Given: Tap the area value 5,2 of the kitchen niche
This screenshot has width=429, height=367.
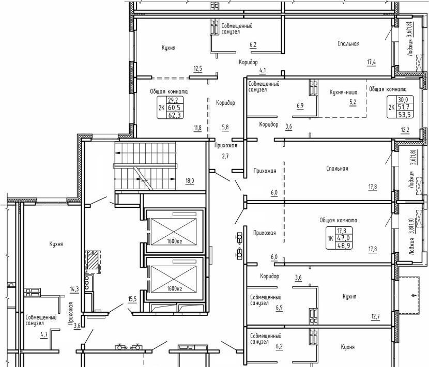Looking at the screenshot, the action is click(x=353, y=102).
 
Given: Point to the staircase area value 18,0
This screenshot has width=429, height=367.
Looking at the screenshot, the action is click(x=190, y=181).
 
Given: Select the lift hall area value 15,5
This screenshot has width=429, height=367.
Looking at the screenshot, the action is click(x=132, y=299).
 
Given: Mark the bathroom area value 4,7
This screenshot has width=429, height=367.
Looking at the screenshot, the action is click(x=44, y=334).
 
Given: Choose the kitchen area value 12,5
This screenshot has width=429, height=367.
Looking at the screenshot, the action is click(x=198, y=68).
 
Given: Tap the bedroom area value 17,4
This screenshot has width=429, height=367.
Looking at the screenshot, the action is click(x=371, y=62).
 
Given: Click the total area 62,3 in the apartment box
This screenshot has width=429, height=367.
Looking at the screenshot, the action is click(x=175, y=115).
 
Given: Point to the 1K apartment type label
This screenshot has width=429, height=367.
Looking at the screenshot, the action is click(x=330, y=238).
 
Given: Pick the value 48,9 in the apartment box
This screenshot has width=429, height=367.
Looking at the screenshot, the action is click(x=344, y=245).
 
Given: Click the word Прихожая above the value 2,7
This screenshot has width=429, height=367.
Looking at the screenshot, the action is click(x=226, y=145).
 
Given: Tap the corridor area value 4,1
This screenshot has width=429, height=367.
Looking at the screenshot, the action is click(x=263, y=70).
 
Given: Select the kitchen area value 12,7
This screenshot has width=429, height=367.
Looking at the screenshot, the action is click(x=375, y=317).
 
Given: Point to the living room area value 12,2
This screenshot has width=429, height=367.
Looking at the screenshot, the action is click(x=405, y=130).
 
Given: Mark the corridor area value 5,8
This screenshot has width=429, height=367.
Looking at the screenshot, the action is click(x=225, y=127).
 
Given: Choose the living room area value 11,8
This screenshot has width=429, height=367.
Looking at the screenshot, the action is click(x=197, y=127).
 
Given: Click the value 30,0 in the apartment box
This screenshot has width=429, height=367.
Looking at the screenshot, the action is click(x=403, y=100).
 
